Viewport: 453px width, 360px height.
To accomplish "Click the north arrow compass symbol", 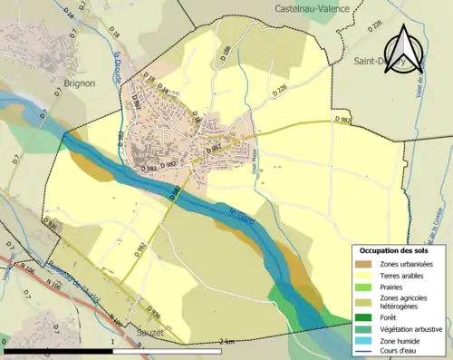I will coord(405,50).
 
